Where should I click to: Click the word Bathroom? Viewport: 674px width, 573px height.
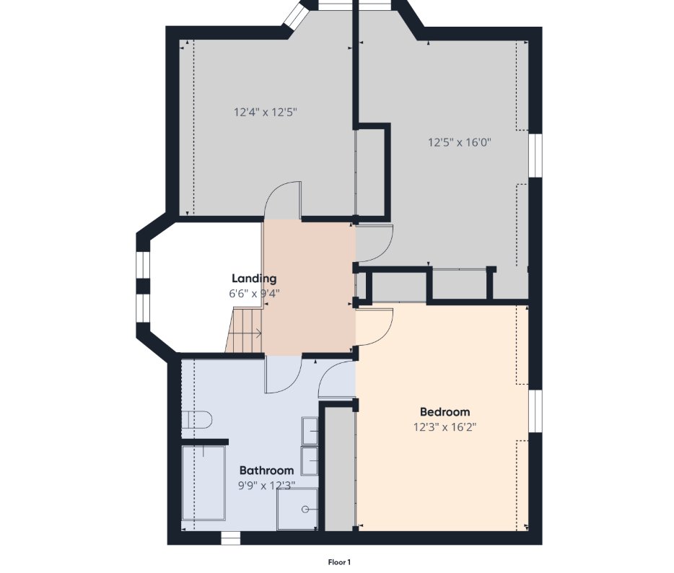point(266,470)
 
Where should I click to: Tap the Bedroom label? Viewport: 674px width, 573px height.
point(445,411)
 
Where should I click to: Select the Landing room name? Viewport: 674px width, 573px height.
point(253,279)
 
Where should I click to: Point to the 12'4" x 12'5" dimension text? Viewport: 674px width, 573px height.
point(266,112)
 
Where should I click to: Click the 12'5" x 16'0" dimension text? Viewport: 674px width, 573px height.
point(460,142)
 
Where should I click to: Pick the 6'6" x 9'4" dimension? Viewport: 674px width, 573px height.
point(253,294)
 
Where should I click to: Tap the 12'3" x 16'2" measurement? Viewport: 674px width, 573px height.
point(445,427)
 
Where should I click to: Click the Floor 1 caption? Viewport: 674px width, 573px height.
point(338,561)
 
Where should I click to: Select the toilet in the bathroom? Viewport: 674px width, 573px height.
point(196,420)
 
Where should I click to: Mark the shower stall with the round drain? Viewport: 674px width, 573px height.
point(297,508)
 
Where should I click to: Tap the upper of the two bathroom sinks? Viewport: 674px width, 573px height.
point(311,431)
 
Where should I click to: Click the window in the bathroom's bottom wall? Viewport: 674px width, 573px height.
point(230,538)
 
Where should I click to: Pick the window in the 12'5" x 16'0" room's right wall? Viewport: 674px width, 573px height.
point(535,155)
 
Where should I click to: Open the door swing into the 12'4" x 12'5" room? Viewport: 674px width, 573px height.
point(283,200)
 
